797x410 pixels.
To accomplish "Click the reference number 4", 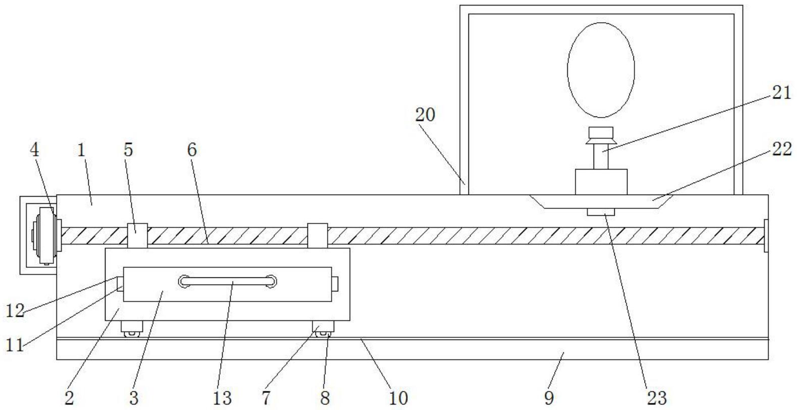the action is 34,150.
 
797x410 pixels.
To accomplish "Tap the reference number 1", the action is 81,150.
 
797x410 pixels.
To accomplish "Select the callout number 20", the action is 425,115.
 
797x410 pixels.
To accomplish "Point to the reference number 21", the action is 781,92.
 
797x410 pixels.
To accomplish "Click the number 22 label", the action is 781,149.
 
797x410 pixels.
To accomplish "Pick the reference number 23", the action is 657,398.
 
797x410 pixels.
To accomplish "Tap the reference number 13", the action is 222,398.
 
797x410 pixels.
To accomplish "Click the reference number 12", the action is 15,311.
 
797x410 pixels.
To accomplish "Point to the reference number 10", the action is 398,398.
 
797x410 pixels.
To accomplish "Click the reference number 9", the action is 549,398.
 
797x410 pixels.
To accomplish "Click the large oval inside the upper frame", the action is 601,70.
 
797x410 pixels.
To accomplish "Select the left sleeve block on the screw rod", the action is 137,236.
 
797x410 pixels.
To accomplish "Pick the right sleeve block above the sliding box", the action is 317,236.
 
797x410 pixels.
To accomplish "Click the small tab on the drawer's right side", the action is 334,284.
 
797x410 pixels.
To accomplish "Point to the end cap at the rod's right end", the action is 766,236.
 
